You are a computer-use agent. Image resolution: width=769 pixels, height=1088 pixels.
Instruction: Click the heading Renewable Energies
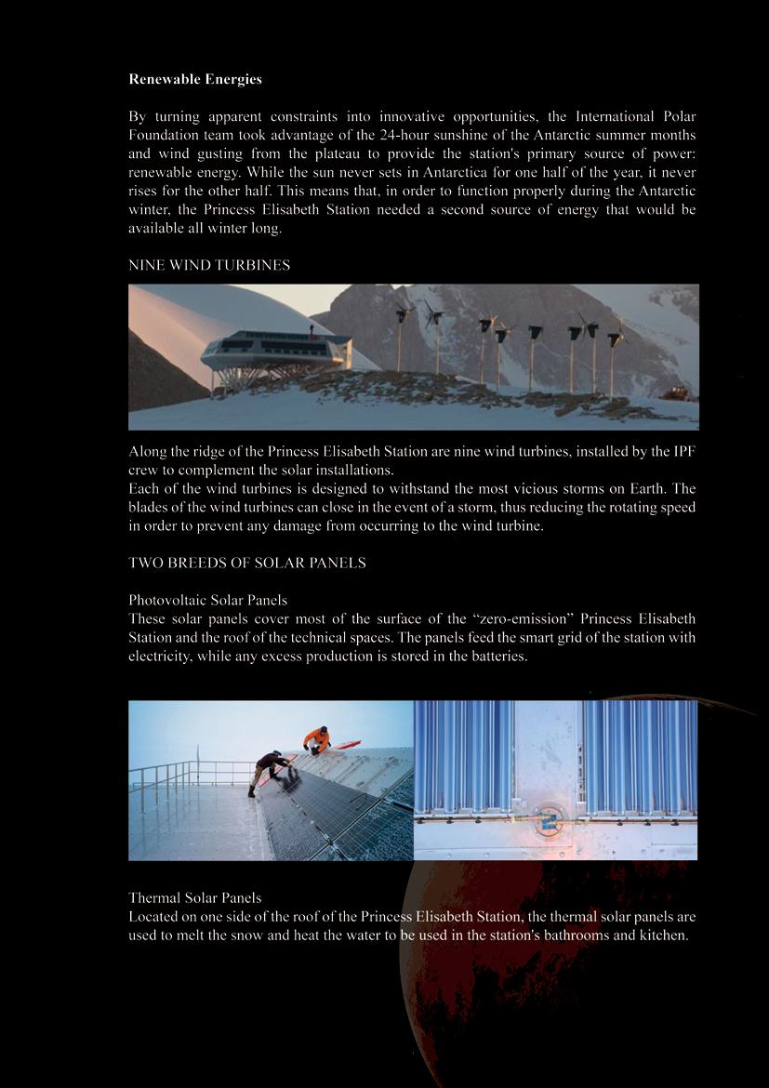point(195,80)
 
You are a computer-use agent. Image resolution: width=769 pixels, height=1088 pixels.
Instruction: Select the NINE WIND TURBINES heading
point(209,266)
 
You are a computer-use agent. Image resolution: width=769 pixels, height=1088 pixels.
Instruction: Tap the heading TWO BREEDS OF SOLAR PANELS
point(247,564)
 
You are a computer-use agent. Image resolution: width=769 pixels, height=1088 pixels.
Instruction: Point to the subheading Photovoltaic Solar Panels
point(207,601)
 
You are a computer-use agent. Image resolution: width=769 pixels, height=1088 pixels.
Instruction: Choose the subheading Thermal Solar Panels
point(194,898)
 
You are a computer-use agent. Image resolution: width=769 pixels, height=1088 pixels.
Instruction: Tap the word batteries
point(495,657)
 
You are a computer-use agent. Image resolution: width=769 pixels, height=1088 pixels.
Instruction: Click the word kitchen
point(663,935)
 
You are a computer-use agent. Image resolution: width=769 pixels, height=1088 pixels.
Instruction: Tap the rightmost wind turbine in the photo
point(616,349)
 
